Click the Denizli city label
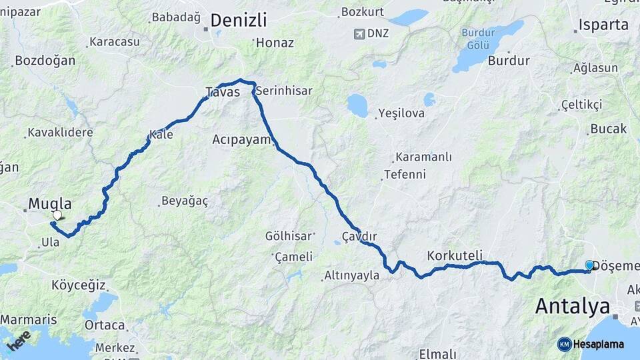point(239,20)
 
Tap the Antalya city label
point(573,306)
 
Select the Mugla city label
point(50,204)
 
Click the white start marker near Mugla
point(57,215)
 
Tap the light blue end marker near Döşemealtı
point(589,265)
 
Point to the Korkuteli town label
point(455,255)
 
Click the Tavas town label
point(223,93)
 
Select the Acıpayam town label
point(241,139)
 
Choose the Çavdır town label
point(359,237)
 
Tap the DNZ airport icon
point(360,33)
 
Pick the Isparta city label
point(603,25)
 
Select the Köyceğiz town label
point(79,285)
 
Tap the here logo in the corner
point(18,341)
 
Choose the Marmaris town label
point(29,319)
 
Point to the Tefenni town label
point(405,175)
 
